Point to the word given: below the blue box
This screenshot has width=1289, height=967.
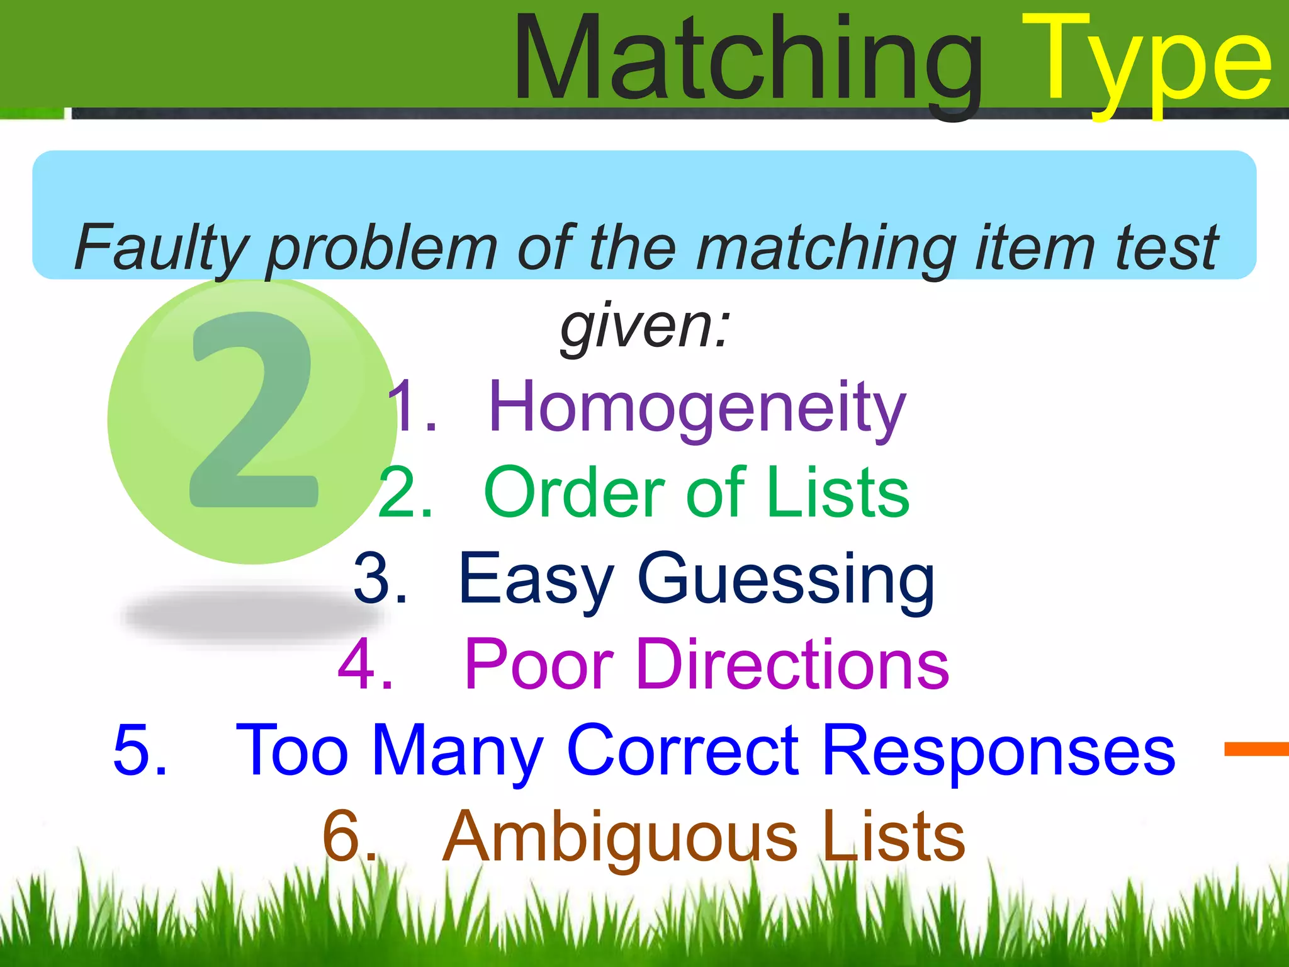pyautogui.click(x=644, y=327)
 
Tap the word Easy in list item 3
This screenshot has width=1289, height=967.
pyautogui.click(x=536, y=579)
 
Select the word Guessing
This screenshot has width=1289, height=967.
pyautogui.click(x=786, y=579)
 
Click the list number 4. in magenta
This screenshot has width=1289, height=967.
pyautogui.click(x=365, y=664)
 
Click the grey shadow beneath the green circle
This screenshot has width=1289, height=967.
pyautogui.click(x=252, y=614)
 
